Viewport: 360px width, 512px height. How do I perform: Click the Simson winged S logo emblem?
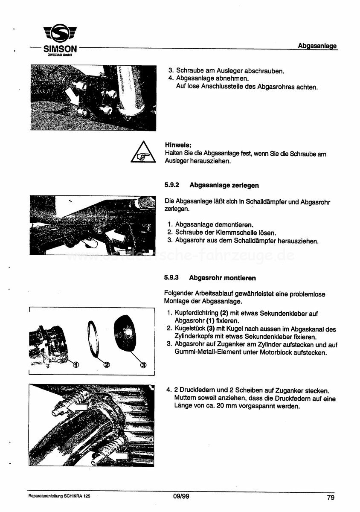click(x=60, y=35)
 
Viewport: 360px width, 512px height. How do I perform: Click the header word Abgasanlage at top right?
click(x=317, y=46)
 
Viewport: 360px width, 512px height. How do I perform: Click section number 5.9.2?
click(x=171, y=185)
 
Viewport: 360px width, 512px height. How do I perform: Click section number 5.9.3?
click(x=171, y=278)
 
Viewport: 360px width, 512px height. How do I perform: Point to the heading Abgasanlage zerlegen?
click(x=224, y=185)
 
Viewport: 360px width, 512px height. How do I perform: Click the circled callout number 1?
click(x=76, y=365)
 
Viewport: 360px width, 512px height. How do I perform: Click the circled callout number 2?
click(x=107, y=365)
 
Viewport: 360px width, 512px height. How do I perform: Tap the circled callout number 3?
click(x=143, y=365)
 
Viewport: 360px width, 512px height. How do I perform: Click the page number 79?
click(x=331, y=497)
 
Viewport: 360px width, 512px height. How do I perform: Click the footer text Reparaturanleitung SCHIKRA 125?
click(x=59, y=497)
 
